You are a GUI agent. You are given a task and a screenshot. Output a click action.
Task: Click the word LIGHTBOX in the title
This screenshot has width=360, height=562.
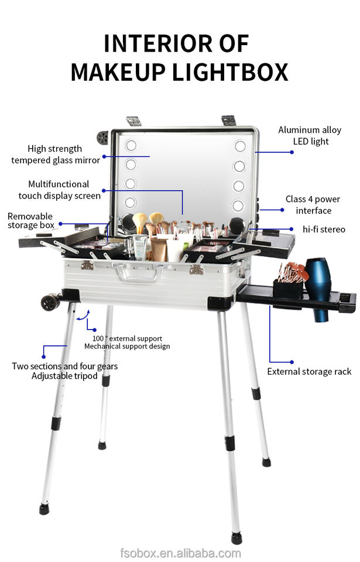230,72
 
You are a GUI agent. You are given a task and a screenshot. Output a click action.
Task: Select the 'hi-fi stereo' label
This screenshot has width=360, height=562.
324,229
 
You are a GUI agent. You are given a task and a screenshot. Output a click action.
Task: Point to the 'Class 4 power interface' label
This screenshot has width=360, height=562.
313,205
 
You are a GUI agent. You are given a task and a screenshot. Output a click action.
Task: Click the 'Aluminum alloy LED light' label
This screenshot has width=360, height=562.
310,135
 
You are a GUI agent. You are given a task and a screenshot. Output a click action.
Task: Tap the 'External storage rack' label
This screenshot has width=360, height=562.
309,372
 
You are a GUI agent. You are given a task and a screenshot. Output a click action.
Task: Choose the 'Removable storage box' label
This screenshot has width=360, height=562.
31,221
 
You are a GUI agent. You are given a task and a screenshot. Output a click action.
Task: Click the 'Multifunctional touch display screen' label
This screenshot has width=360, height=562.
59,190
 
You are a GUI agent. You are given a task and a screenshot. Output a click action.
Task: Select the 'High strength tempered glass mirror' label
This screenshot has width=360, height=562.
56,155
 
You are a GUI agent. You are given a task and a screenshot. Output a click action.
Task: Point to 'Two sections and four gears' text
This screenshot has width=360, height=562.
64,366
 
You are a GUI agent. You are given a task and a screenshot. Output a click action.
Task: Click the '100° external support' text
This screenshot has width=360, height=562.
127,338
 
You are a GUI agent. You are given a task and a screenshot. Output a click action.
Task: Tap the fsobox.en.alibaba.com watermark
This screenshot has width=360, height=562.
180,553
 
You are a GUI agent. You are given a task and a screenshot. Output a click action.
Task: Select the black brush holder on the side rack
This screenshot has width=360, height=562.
288,289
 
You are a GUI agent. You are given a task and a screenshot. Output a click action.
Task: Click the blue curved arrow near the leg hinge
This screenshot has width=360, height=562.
83,315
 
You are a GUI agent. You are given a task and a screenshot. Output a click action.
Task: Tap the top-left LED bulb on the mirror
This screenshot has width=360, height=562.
131,146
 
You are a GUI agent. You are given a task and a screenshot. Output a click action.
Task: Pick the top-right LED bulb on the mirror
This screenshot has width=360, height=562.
240,146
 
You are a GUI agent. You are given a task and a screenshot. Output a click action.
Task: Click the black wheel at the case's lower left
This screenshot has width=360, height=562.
50,302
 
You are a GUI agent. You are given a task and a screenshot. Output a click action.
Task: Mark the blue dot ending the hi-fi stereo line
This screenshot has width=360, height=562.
292,229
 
